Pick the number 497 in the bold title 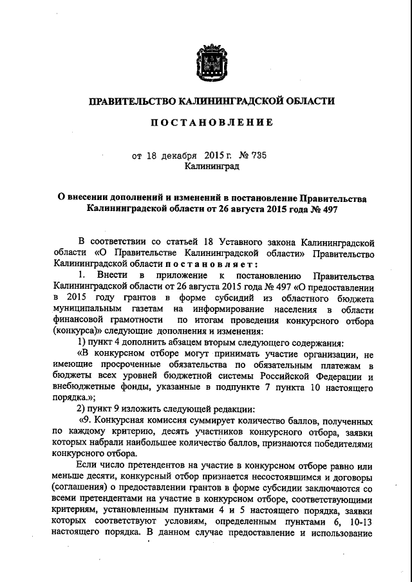[326, 210]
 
